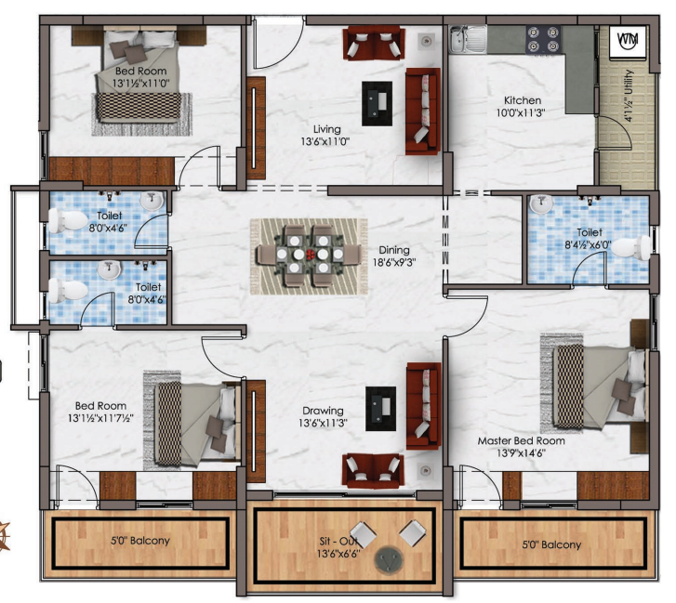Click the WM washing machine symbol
[629, 41]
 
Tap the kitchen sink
[468, 39]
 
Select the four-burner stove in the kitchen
[543, 40]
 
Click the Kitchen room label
[523, 100]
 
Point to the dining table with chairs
[309, 255]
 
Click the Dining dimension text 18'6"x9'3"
[394, 262]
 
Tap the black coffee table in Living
[377, 103]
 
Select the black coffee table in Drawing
[380, 409]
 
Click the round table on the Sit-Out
[389, 560]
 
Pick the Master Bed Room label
[522, 440]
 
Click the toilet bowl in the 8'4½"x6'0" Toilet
[631, 248]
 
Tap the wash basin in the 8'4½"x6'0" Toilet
[541, 203]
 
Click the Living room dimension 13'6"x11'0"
[325, 141]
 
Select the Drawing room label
[323, 411]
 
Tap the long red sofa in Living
[422, 111]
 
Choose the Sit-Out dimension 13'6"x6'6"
[338, 554]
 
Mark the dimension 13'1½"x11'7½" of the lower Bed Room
[100, 418]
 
